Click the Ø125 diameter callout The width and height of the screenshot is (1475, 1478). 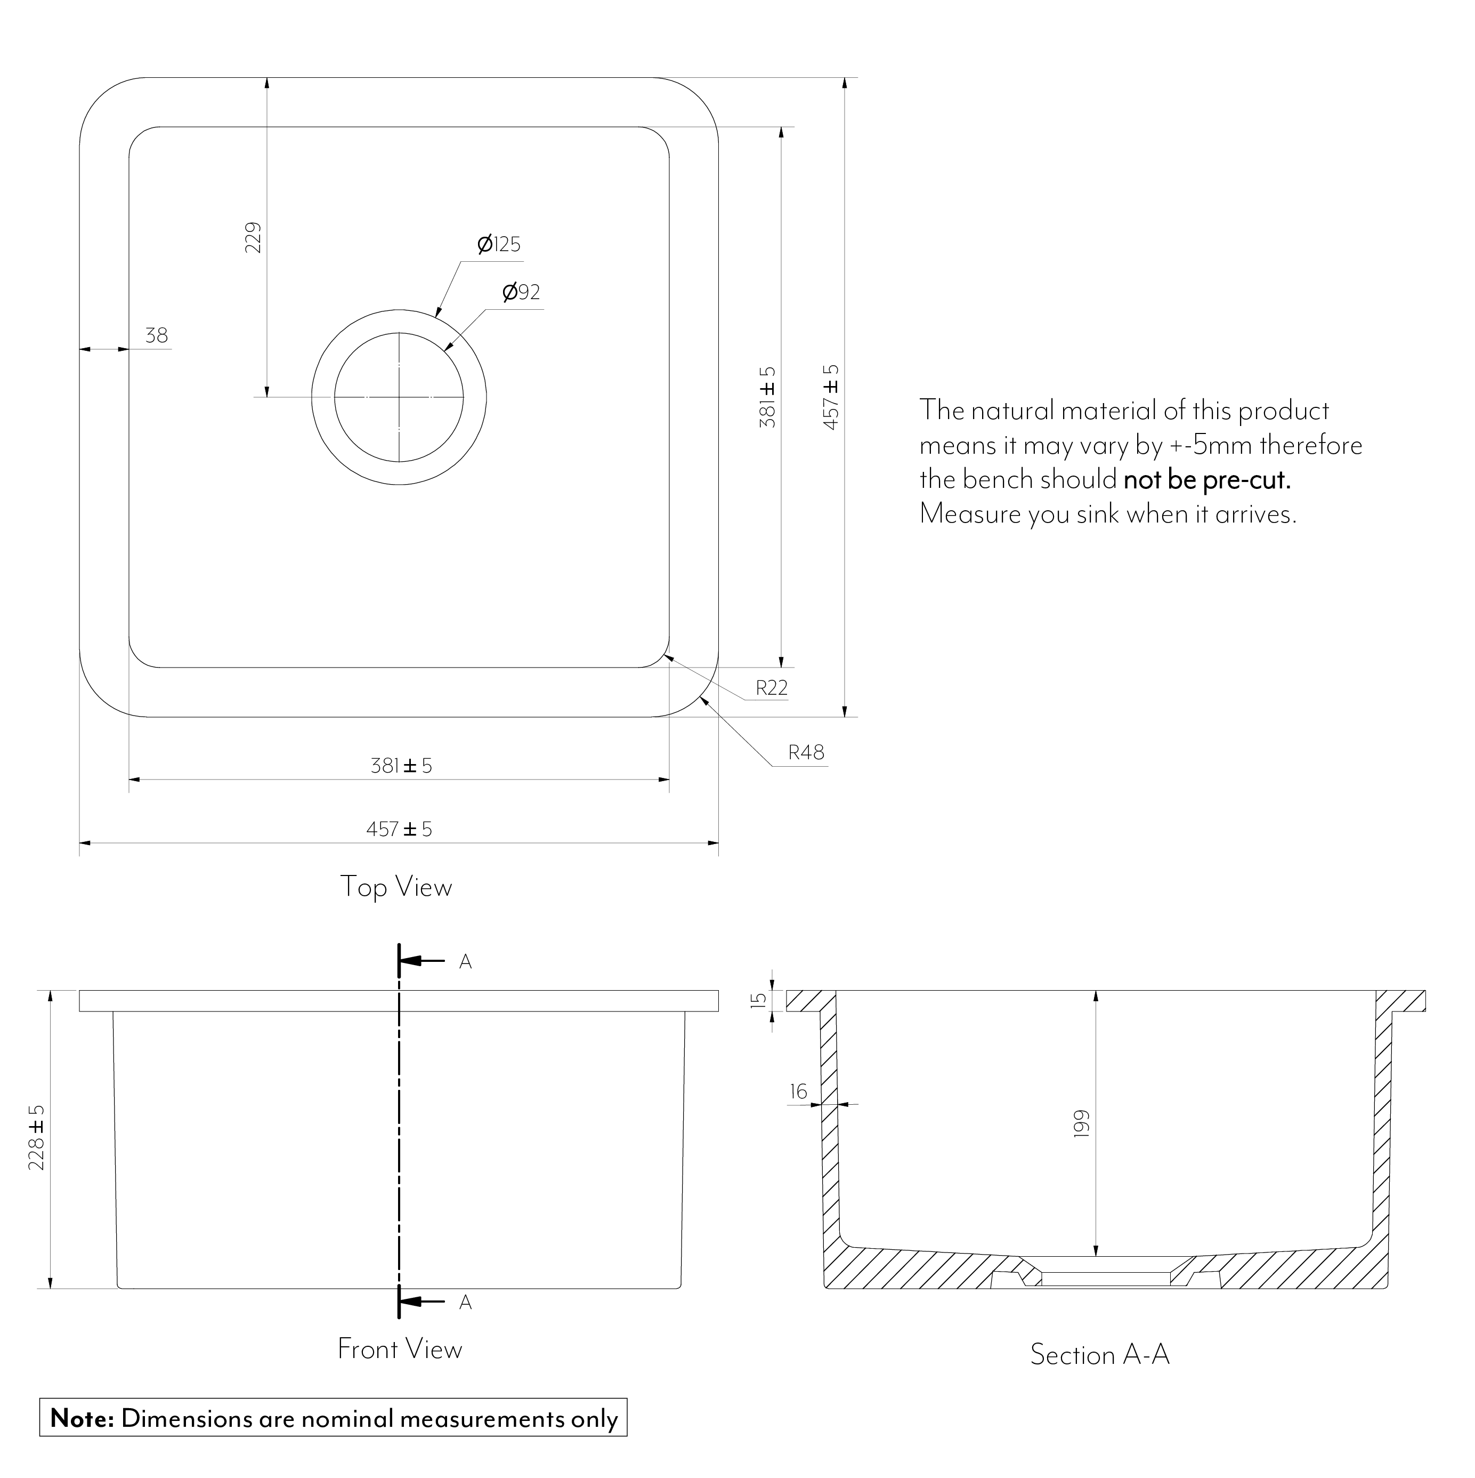coord(499,245)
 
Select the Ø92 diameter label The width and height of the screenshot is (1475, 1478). coord(522,292)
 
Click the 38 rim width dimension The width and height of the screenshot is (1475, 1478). coord(157,335)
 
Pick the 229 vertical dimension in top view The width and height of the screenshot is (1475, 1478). coord(253,238)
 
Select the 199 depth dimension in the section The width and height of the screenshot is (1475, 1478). coord(1081,1124)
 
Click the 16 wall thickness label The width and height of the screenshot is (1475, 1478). coord(798,1091)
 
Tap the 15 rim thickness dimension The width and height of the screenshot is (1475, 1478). coord(758,1001)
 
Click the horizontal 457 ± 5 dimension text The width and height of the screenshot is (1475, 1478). coord(399,829)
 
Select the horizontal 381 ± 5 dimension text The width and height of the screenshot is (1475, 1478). coord(401,766)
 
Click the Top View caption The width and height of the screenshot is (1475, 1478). coord(396,887)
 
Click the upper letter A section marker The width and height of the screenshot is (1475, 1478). coord(465,962)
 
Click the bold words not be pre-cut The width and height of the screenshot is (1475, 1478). coord(1207,480)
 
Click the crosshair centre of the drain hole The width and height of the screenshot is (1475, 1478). coord(399,397)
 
